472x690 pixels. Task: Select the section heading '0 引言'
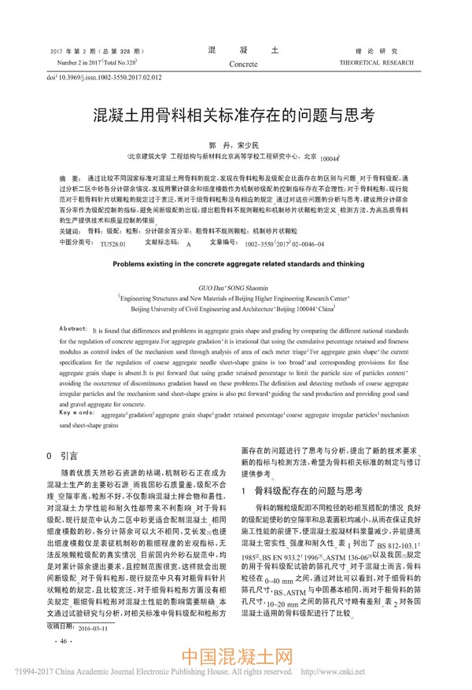coord(63,455)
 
